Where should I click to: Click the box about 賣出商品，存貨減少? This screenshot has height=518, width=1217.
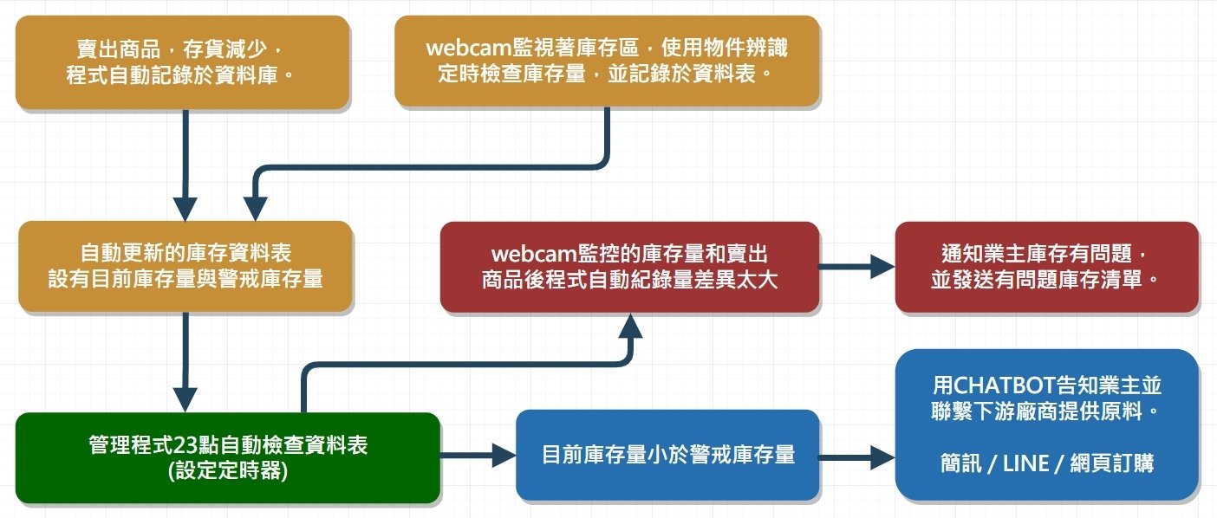182,62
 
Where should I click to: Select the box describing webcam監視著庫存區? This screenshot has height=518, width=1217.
607,61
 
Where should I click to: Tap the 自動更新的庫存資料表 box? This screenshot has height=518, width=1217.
185,266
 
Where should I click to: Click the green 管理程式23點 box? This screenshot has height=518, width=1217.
227,458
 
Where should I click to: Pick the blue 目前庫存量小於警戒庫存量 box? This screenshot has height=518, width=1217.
667,455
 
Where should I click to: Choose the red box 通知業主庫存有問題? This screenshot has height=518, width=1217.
1046,267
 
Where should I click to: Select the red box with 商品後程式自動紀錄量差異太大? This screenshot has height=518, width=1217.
629,267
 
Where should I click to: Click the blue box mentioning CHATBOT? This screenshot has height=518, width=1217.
1046,424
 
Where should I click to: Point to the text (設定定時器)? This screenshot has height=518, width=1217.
227,473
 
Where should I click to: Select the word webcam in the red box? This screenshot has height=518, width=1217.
530,255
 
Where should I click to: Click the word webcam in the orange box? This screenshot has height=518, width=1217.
464,49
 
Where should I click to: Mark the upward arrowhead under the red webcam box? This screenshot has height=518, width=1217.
630,327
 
